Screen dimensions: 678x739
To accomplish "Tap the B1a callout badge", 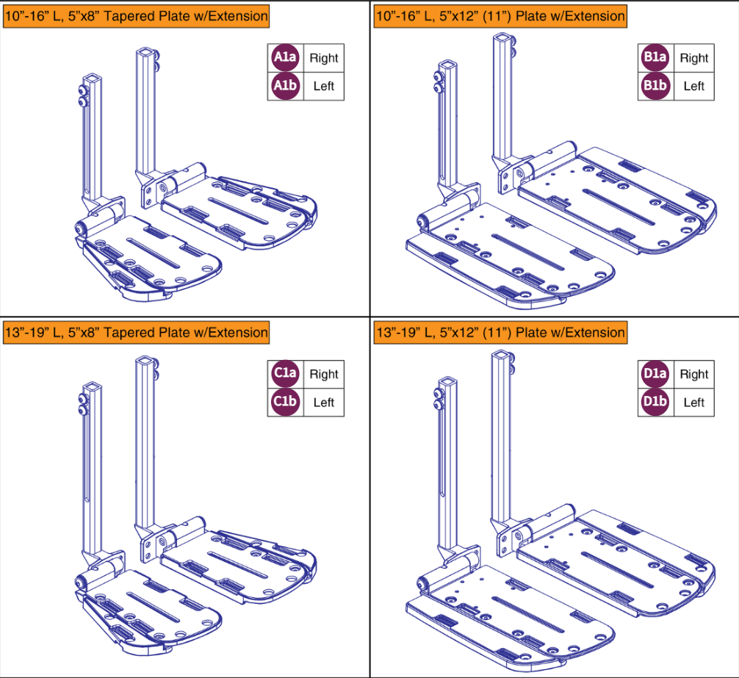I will (x=655, y=58).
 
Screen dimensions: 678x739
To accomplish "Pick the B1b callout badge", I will (x=655, y=86).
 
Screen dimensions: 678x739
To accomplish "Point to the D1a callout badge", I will (x=655, y=374).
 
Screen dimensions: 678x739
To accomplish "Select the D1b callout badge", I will (x=655, y=402).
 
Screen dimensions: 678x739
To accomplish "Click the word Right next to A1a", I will (x=323, y=58).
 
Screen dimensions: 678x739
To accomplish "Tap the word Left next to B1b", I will (x=693, y=86).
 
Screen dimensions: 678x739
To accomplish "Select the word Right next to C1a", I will (x=323, y=374).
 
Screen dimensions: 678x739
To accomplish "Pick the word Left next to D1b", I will (x=693, y=402).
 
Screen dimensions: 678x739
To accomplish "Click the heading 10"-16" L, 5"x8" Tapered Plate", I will (x=136, y=15).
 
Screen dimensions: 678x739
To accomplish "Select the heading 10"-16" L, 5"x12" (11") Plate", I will (x=500, y=15).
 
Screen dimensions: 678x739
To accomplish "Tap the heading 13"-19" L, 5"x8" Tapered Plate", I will (x=136, y=333).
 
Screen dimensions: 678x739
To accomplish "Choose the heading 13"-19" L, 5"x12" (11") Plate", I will (x=500, y=333).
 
